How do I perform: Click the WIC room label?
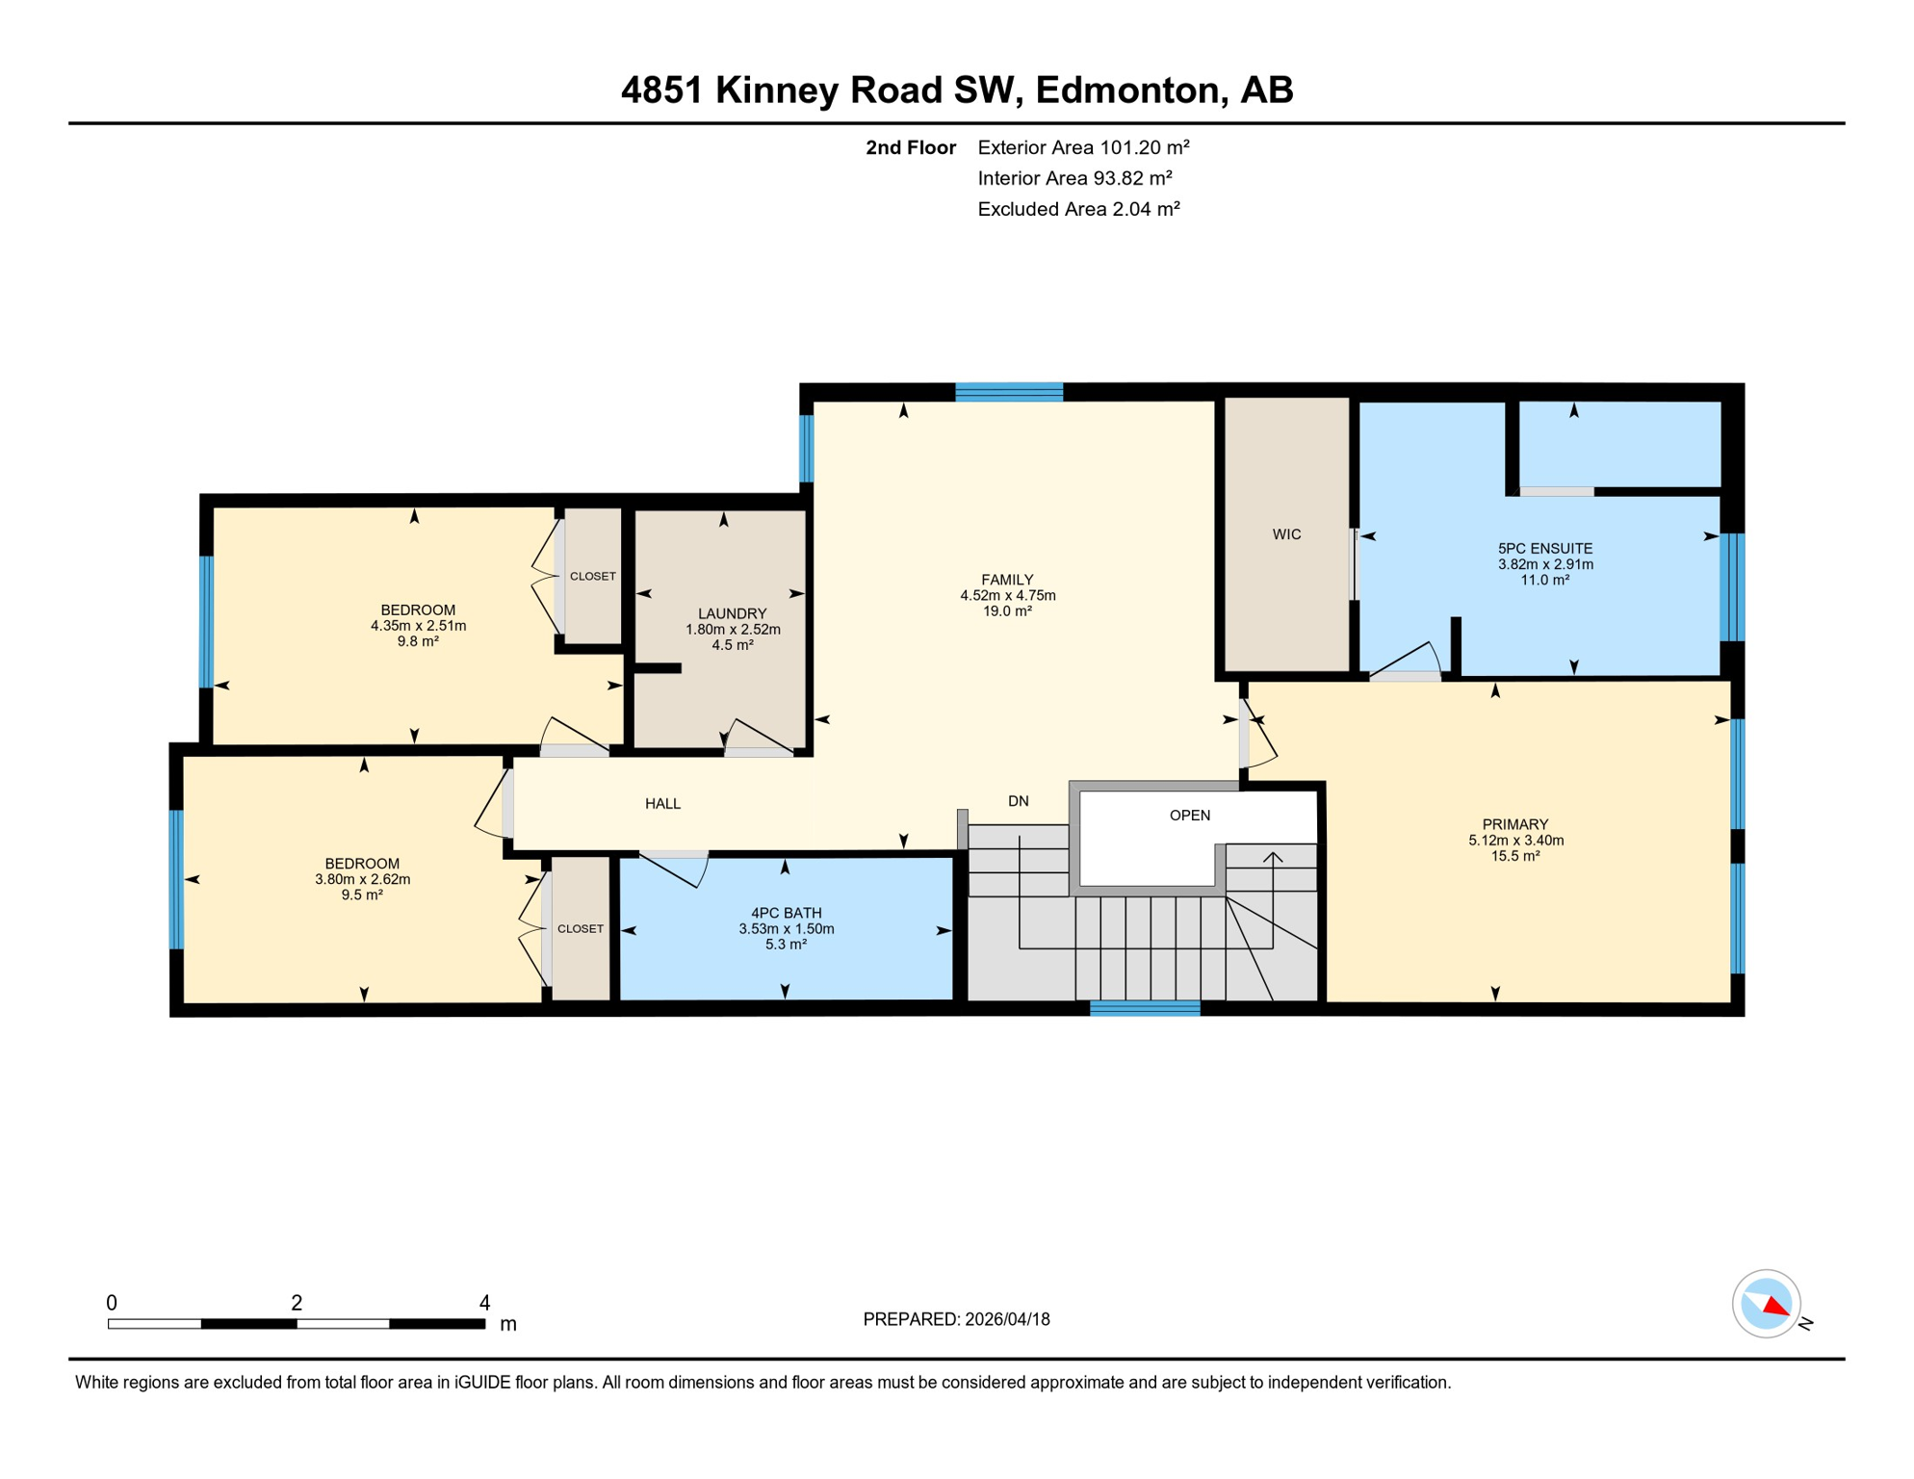pyautogui.click(x=1286, y=534)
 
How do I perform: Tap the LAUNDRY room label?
pyautogui.click(x=732, y=613)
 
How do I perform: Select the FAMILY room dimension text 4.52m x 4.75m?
pyautogui.click(x=1007, y=595)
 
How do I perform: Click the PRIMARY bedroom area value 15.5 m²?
pyautogui.click(x=1514, y=855)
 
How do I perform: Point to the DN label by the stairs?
pyautogui.click(x=1018, y=801)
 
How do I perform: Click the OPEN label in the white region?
pyautogui.click(x=1189, y=816)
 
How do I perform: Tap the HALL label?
pyautogui.click(x=662, y=803)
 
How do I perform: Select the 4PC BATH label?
pyautogui.click(x=786, y=913)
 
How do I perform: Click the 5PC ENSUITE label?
pyautogui.click(x=1544, y=548)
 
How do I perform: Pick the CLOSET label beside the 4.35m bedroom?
pyautogui.click(x=592, y=576)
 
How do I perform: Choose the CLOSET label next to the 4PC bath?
pyautogui.click(x=580, y=928)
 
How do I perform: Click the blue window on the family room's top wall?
pyautogui.click(x=1008, y=392)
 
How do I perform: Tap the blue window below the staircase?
pyautogui.click(x=1144, y=1008)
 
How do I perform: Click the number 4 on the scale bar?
pyautogui.click(x=484, y=1303)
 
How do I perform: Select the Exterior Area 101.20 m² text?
pyautogui.click(x=1083, y=147)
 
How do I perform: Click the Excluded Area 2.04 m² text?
pyautogui.click(x=1078, y=209)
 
